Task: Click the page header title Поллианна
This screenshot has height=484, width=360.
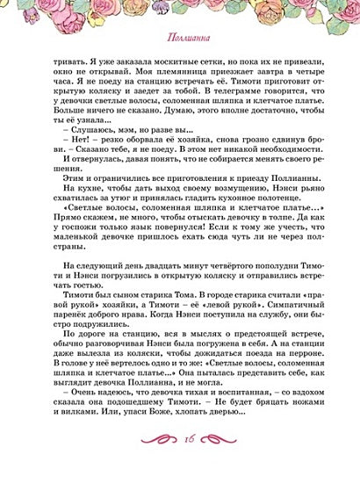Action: click(x=180, y=39)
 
